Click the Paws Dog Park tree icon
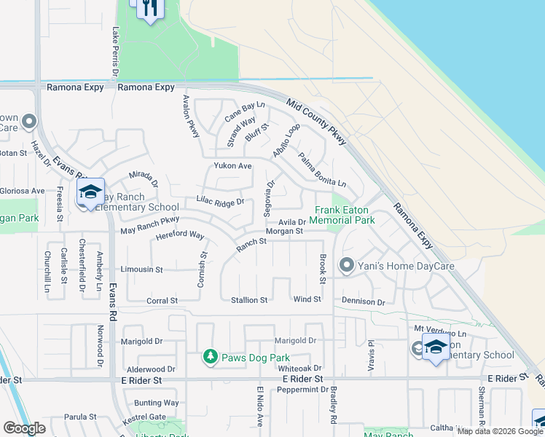(211, 357)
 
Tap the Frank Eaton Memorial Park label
(345, 215)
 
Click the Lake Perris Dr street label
(115, 52)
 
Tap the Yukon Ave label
(232, 166)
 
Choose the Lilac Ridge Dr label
(219, 201)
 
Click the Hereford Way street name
(179, 235)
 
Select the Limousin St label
(141, 269)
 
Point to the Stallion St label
(249, 300)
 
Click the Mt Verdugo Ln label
(439, 333)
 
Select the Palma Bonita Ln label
(321, 169)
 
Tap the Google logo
(24, 428)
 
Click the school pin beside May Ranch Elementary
(90, 192)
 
